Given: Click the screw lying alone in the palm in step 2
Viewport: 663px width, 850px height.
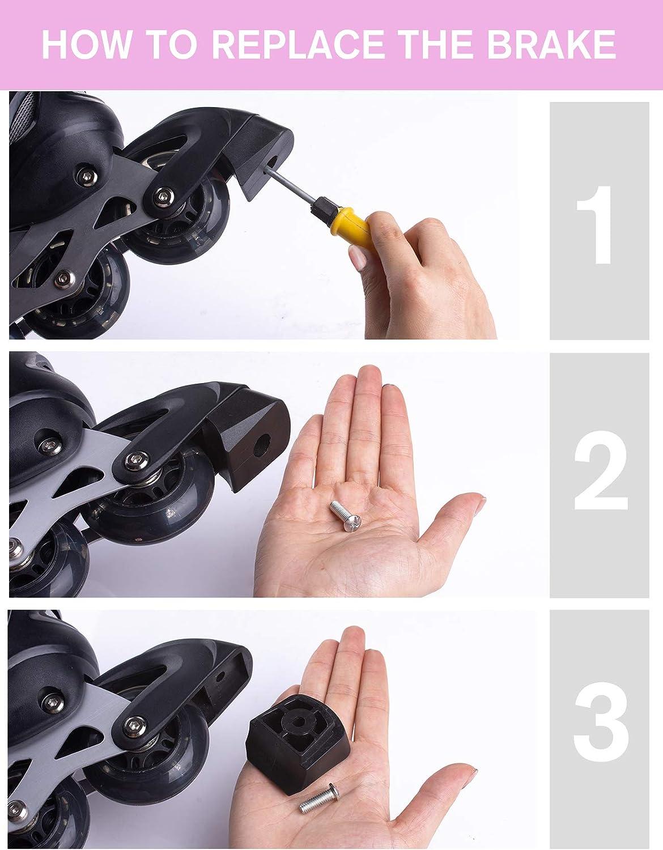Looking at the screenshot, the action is (346, 516).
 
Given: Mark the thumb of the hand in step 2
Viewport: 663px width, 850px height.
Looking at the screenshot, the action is (450, 520).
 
